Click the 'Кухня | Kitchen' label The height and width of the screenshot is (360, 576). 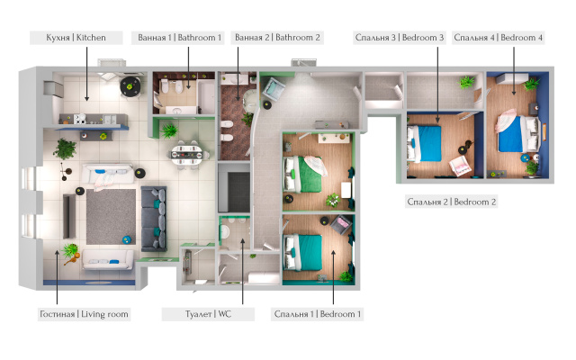(68, 38)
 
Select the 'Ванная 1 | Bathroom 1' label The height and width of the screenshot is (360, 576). (179, 38)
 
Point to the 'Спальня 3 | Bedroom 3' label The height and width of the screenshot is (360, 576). (400, 38)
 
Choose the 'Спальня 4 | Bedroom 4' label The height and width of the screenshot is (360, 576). (498, 38)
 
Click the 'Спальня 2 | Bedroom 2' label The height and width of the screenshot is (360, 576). (451, 202)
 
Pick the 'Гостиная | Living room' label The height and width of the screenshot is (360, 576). (84, 314)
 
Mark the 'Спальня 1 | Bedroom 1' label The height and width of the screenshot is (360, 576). (316, 314)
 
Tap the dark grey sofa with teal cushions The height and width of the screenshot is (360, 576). (155, 217)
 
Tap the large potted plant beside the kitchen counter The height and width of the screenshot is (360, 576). (66, 149)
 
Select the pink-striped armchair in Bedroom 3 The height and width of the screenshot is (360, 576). (460, 165)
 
